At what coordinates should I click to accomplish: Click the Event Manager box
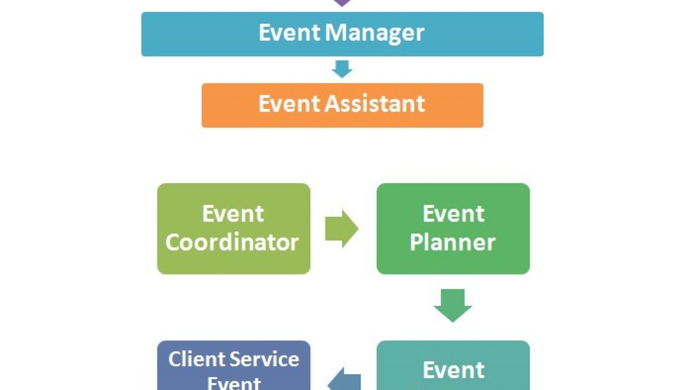pyautogui.click(x=342, y=34)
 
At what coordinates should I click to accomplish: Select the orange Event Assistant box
pyautogui.click(x=342, y=105)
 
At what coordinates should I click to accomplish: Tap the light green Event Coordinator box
pyautogui.click(x=234, y=229)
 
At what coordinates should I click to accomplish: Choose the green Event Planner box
pyautogui.click(x=453, y=229)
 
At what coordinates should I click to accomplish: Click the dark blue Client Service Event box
pyautogui.click(x=234, y=366)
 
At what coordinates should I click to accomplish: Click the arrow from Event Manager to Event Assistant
pyautogui.click(x=342, y=69)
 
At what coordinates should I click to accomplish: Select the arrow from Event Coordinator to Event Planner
pyautogui.click(x=342, y=229)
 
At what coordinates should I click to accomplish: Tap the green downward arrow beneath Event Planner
pyautogui.click(x=453, y=305)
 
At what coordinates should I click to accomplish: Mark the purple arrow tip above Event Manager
pyautogui.click(x=342, y=2)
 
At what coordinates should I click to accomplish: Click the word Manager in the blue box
pyautogui.click(x=375, y=33)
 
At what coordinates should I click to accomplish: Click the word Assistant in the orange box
pyautogui.click(x=375, y=103)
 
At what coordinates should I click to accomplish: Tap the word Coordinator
pyautogui.click(x=232, y=242)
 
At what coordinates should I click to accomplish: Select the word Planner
pyautogui.click(x=453, y=242)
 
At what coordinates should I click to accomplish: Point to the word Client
pyautogui.click(x=197, y=359)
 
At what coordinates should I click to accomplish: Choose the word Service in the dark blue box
pyautogui.click(x=265, y=359)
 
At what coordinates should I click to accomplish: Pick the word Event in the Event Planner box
pyautogui.click(x=453, y=214)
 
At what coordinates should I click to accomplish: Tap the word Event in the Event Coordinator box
pyautogui.click(x=233, y=214)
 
